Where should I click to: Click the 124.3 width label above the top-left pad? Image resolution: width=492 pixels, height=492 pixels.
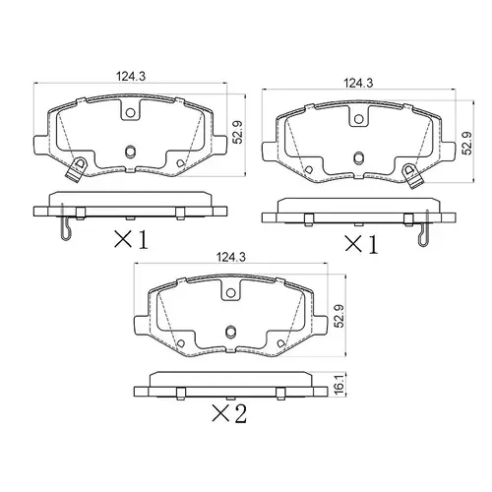131,77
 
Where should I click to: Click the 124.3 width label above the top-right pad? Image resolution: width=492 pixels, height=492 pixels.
358,84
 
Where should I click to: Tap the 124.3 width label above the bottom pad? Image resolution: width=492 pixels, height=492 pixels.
231,257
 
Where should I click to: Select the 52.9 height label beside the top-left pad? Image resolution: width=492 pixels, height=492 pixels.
237,133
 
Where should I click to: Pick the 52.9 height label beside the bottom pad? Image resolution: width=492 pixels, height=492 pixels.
338,316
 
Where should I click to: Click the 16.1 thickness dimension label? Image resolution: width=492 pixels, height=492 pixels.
339,386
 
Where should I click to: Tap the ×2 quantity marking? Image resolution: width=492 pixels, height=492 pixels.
229,413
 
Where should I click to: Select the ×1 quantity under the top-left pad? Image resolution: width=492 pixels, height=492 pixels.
131,239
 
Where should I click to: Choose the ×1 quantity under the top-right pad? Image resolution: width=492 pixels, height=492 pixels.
361,245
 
